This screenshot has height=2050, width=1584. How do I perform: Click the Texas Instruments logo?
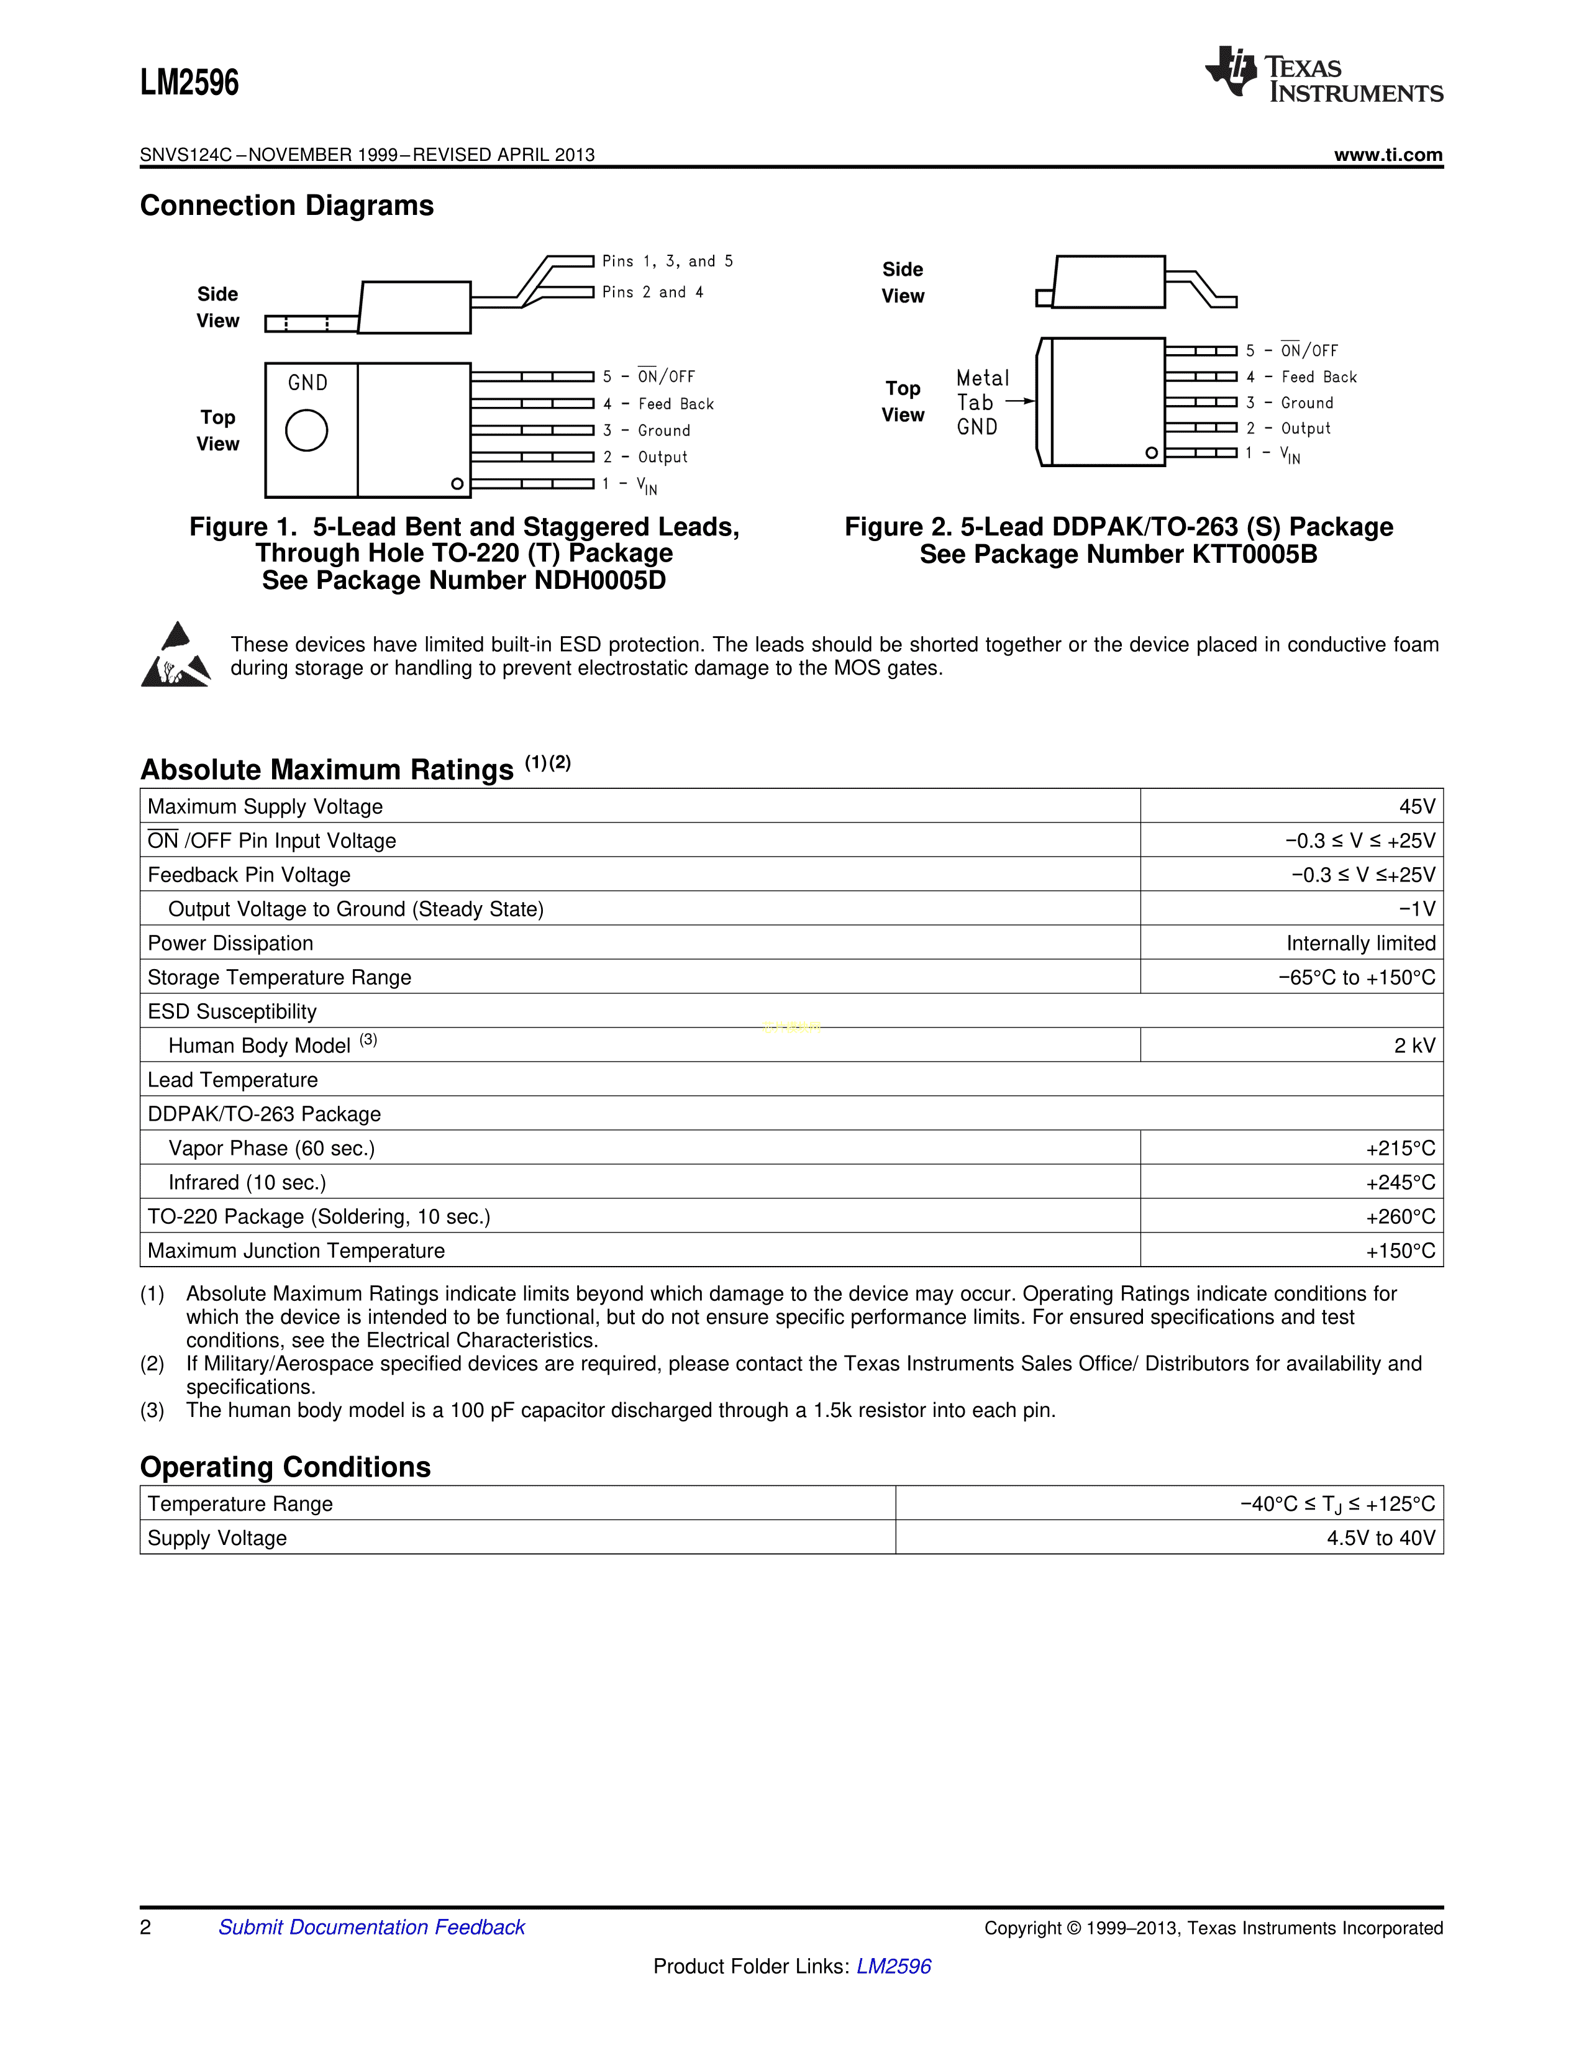(x=1323, y=73)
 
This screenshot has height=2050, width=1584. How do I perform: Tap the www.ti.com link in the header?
(x=1388, y=155)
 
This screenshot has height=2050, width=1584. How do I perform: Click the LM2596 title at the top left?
(x=189, y=83)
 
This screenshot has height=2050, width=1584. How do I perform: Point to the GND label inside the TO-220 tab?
(x=307, y=383)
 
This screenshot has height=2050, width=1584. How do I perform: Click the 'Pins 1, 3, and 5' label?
(x=667, y=261)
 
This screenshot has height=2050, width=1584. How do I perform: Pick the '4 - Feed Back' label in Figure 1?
(x=658, y=404)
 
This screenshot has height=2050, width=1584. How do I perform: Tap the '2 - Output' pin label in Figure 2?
(x=1288, y=428)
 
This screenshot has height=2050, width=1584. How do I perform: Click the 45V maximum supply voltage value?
(x=1417, y=806)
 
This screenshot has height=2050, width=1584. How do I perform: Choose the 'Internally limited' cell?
(x=1360, y=944)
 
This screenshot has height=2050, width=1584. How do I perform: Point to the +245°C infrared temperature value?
(x=1400, y=1183)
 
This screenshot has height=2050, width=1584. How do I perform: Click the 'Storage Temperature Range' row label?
(x=280, y=977)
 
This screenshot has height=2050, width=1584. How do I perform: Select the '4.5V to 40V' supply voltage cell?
(x=1380, y=1537)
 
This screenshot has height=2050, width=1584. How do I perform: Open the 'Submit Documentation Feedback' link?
(x=371, y=1927)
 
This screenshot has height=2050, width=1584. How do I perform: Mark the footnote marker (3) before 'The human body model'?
(x=152, y=1410)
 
